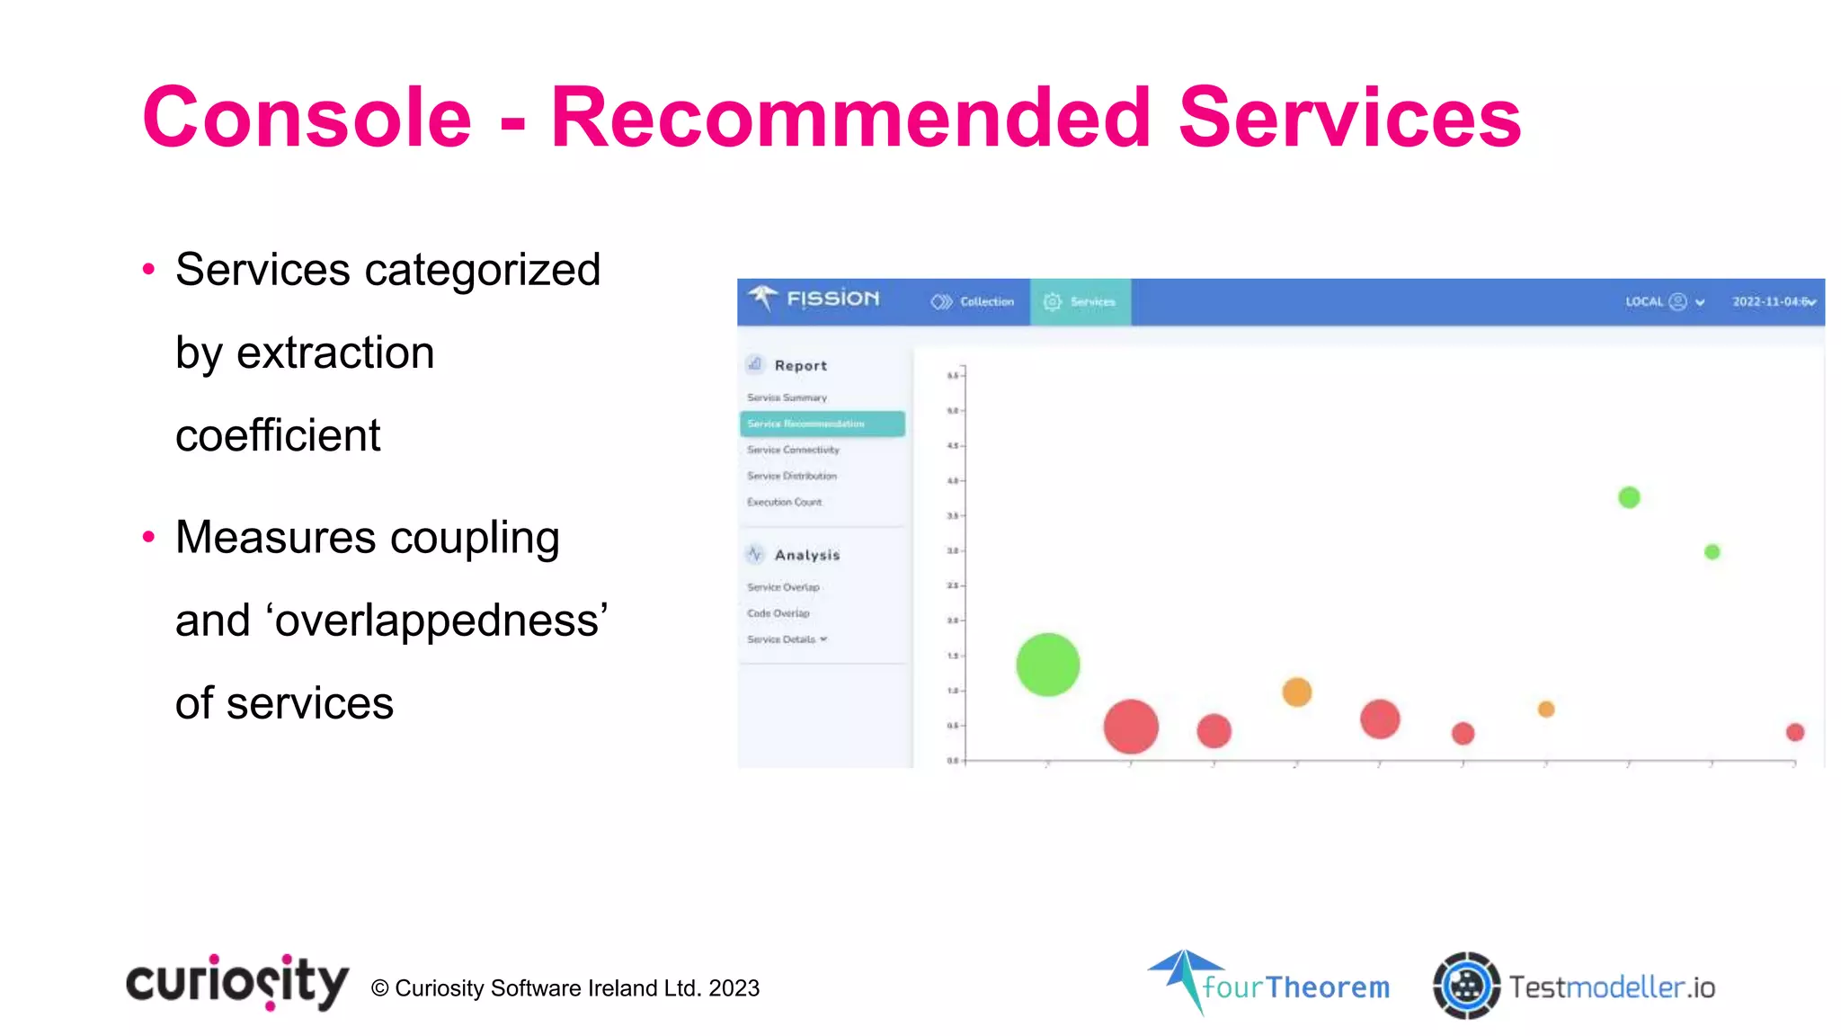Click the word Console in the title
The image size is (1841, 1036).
click(307, 118)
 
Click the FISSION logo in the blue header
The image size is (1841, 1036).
click(814, 299)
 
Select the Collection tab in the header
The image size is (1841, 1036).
click(974, 302)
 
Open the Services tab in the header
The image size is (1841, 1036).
click(1080, 302)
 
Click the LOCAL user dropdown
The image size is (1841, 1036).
click(1664, 302)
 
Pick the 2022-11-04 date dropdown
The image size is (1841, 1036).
click(1774, 302)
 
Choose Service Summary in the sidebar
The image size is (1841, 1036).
click(787, 397)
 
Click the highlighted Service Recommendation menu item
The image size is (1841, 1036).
click(822, 424)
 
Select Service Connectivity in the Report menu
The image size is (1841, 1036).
click(793, 450)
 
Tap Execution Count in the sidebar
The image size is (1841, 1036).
click(784, 502)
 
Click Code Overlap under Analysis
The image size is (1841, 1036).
click(778, 613)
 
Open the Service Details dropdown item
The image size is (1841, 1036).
click(787, 639)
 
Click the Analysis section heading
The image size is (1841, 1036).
click(806, 555)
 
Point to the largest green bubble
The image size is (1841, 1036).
click(1047, 665)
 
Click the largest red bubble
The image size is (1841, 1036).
click(1130, 726)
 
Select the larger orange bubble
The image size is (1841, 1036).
click(1296, 692)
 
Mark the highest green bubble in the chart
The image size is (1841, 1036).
click(1629, 497)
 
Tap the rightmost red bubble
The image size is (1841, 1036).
click(1794, 732)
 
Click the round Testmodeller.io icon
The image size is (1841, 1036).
click(1466, 986)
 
